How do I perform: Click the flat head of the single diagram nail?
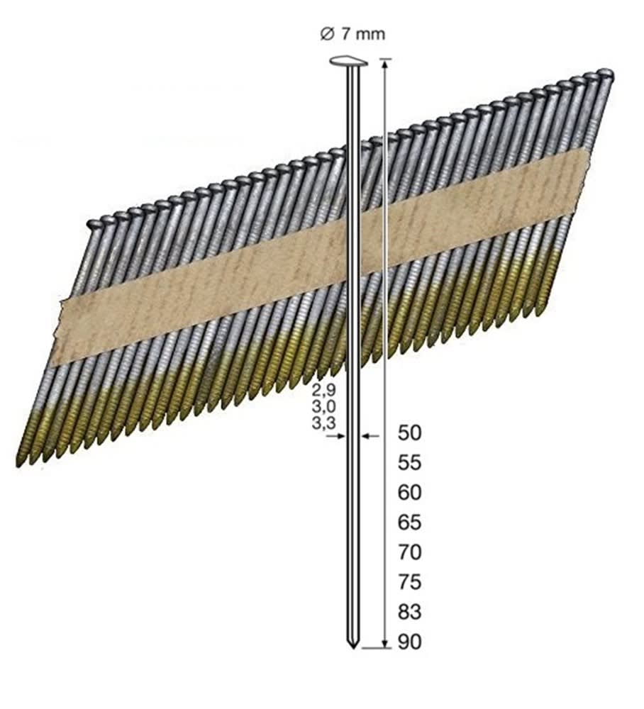coord(349,63)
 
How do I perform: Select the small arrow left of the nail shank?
coord(338,436)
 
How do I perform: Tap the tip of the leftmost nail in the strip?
coord(19,463)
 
